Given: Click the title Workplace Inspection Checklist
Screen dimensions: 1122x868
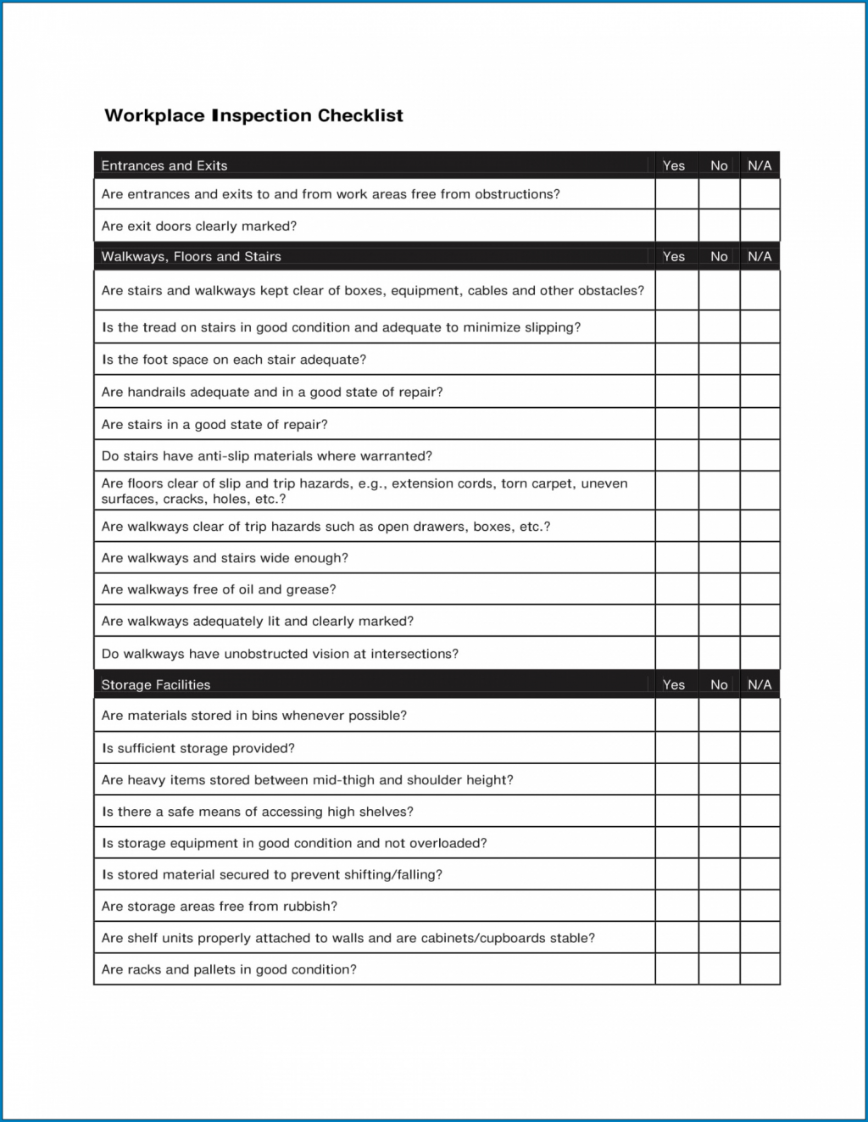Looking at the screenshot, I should (253, 115).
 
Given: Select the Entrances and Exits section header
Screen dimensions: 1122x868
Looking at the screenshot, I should (164, 165).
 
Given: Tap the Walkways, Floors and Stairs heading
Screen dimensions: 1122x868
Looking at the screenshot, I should (191, 256).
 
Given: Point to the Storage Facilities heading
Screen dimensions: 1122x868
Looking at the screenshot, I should (156, 684).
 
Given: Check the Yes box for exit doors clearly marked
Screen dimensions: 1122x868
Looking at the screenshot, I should (676, 226).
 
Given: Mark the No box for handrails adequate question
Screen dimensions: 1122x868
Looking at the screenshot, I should (719, 392).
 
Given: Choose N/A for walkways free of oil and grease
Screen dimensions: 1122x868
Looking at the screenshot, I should (759, 589).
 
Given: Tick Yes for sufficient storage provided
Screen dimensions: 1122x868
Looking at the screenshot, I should (676, 748).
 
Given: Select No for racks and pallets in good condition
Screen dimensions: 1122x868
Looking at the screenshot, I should (719, 969).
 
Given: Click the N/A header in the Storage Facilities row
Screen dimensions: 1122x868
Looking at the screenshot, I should (759, 684).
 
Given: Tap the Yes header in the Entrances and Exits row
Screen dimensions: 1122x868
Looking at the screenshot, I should (674, 165).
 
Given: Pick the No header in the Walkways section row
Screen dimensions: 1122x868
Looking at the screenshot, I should (719, 256).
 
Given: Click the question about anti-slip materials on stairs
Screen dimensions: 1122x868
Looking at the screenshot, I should (267, 456).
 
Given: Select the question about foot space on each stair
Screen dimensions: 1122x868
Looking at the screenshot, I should (234, 360).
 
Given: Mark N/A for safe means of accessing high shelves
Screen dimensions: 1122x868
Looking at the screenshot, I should (759, 812).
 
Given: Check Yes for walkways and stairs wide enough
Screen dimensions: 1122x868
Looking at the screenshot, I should (676, 558).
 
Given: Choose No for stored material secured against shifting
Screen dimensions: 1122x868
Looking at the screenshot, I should (719, 874).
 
